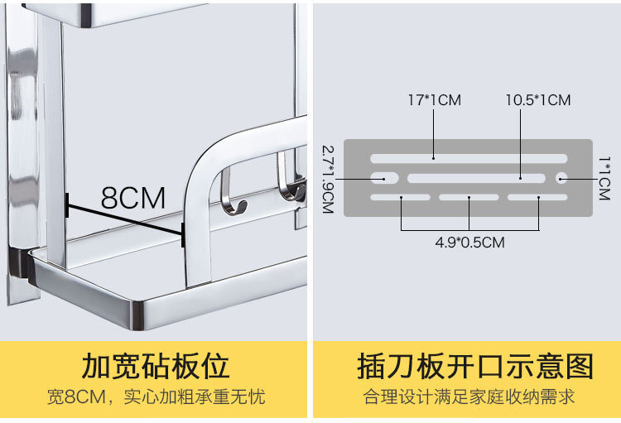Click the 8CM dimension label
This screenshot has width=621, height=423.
(133, 198)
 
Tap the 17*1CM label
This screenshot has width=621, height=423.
(435, 100)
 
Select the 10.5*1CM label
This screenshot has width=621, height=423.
(538, 100)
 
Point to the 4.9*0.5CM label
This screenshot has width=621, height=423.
(469, 242)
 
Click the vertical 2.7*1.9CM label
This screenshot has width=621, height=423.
(329, 180)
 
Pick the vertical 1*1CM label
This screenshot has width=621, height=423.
(604, 178)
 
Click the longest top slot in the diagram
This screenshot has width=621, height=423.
(469, 159)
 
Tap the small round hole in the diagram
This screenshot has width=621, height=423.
(561, 178)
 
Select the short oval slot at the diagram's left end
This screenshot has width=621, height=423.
(384, 178)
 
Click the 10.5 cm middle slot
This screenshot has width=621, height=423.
(476, 178)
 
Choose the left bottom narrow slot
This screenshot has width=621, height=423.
(400, 197)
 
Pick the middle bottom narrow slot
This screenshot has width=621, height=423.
(469, 197)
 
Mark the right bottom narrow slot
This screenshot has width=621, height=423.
(537, 197)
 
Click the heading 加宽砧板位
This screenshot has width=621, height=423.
(156, 367)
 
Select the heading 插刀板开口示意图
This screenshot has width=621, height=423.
(475, 367)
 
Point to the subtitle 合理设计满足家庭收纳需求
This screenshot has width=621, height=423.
(469, 397)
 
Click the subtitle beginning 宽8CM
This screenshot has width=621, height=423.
(156, 397)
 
